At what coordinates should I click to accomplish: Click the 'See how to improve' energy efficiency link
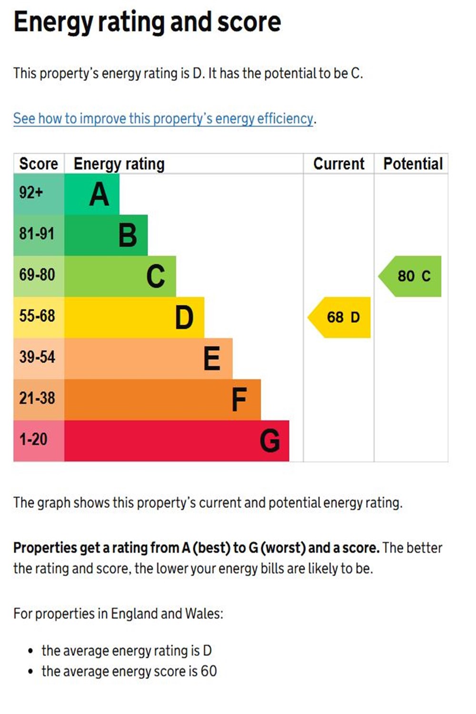click(163, 118)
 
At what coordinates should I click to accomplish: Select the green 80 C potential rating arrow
click(412, 276)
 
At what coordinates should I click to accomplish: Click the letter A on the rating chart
click(99, 194)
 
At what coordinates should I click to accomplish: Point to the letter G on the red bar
click(270, 441)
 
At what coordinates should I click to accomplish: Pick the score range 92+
click(31, 192)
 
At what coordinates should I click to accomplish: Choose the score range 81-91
click(37, 234)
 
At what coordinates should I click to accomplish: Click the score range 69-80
click(37, 275)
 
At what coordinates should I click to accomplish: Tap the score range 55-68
click(37, 316)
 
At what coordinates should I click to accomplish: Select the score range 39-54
click(37, 357)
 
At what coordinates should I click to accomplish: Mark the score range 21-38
click(37, 398)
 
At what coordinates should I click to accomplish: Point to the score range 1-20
click(33, 439)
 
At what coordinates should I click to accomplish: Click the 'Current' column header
click(338, 164)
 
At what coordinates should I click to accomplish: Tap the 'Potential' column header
click(413, 164)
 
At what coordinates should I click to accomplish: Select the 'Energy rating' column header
click(119, 164)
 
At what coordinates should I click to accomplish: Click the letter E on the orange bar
click(212, 358)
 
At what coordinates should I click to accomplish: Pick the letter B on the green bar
click(128, 236)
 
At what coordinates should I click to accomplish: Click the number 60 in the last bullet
click(208, 671)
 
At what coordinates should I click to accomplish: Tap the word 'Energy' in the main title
click(52, 22)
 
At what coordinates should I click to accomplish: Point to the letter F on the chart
click(239, 399)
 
